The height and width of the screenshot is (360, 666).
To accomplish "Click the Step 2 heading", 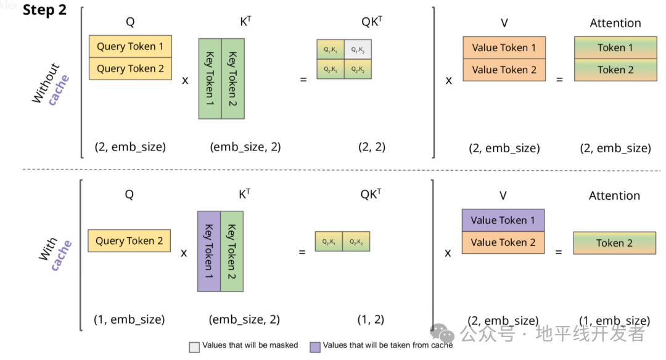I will coord(44,11).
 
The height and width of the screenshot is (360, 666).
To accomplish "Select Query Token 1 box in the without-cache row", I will coord(130,46).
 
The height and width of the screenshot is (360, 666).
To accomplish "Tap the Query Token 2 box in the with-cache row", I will coord(129,241).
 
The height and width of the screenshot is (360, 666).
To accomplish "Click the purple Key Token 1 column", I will coord(208,252).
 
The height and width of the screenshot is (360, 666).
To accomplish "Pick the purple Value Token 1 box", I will coord(503,220).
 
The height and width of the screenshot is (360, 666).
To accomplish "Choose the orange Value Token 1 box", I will coord(504,47).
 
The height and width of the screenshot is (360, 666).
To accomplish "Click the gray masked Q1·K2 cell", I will coord(358,49).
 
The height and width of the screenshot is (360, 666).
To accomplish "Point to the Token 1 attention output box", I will coord(615,47).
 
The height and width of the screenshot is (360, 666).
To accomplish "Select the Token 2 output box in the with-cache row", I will coord(614,243).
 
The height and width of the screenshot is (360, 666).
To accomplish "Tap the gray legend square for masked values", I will coord(194,346).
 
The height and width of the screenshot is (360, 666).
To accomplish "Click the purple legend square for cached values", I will coord(315,346).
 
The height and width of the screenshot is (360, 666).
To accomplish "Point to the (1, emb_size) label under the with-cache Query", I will coord(129,320).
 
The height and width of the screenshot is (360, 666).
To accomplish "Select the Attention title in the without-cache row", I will coord(615,23).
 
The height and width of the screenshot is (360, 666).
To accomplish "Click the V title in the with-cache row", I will coord(503,196).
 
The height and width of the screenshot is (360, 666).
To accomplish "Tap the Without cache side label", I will coord(51,84).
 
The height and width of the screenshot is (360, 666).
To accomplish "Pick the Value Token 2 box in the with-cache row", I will coord(503,242).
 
